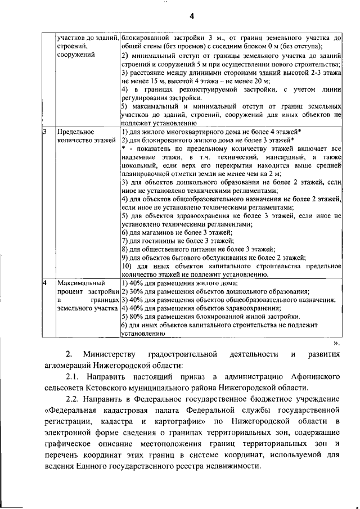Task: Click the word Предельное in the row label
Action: pos(76,131)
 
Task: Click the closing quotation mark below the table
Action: pos(336,343)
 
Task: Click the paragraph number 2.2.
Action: pos(75,400)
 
